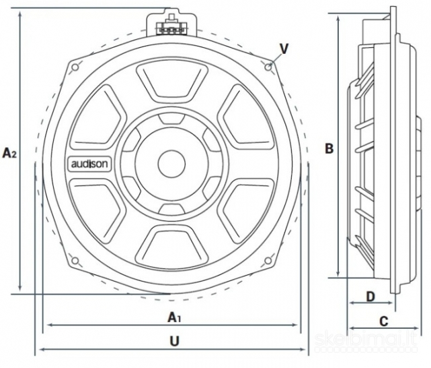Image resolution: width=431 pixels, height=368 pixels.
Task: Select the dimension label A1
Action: pos(173,316)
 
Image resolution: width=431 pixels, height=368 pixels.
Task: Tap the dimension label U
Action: pos(174,341)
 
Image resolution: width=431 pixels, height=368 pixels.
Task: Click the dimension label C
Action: pos(383,321)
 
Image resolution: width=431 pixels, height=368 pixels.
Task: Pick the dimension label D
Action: pos(370,296)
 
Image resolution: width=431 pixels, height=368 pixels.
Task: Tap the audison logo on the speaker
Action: pos(86,163)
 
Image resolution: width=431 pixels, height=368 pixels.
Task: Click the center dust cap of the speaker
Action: pos(171,163)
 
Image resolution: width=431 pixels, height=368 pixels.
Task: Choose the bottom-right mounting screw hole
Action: pos(269,262)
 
